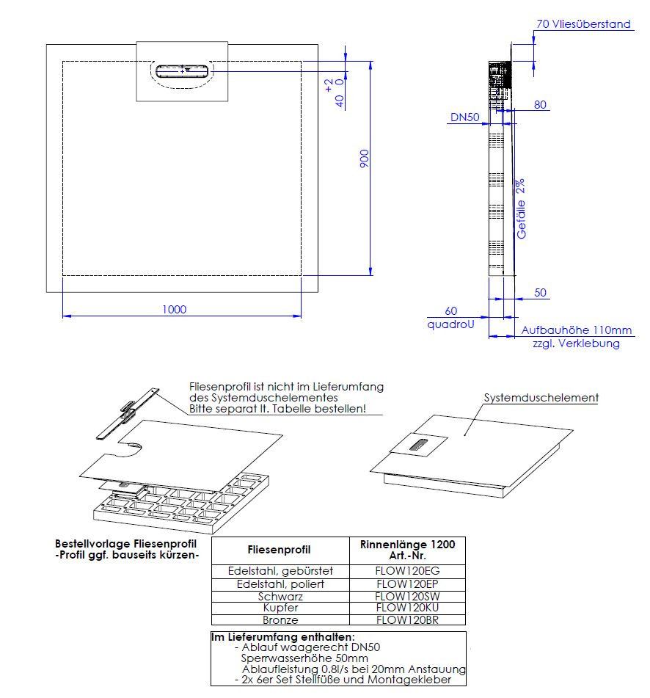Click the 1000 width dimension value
point(174,309)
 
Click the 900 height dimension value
point(363,159)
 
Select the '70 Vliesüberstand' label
point(583,24)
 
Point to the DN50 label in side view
point(465,117)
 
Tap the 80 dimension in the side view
point(540,105)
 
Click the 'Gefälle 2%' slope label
point(522,208)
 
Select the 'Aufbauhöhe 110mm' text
point(577,331)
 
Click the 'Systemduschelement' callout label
point(541,398)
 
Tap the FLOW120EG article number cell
point(407,570)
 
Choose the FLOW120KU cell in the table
point(407,608)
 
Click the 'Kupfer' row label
point(280,608)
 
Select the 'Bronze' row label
point(280,619)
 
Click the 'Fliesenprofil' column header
point(280,549)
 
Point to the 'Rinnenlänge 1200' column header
point(407,544)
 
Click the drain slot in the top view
point(183,71)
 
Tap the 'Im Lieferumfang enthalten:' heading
point(282,636)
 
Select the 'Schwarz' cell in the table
point(280,596)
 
